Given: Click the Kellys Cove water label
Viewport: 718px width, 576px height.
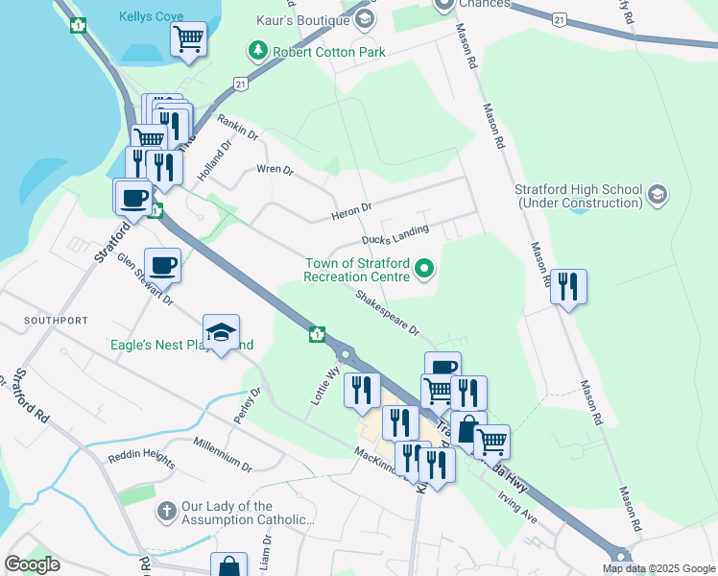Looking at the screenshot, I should coord(150,17).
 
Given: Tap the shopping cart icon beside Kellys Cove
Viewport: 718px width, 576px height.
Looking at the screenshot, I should coord(189,39).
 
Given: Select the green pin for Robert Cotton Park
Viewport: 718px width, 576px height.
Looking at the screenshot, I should coord(256,51).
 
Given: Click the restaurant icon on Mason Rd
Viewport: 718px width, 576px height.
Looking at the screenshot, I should coord(568,286).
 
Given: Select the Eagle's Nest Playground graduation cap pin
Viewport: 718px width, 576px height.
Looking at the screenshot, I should coord(222,332).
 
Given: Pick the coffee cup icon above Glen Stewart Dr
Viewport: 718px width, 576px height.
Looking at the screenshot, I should coord(162,265).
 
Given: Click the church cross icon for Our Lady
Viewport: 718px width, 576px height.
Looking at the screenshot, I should coord(166,513).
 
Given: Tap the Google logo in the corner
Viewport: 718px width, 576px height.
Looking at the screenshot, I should coord(32,564).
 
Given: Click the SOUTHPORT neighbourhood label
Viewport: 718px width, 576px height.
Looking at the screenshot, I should coord(59,320).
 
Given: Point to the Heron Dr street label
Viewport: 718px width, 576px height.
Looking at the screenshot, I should coord(351,208).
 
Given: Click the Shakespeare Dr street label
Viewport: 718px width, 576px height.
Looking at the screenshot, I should coord(388,314).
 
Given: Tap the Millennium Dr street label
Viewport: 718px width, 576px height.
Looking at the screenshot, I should coord(223,453).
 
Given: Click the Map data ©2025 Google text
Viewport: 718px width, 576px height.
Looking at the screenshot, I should coord(658,568).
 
